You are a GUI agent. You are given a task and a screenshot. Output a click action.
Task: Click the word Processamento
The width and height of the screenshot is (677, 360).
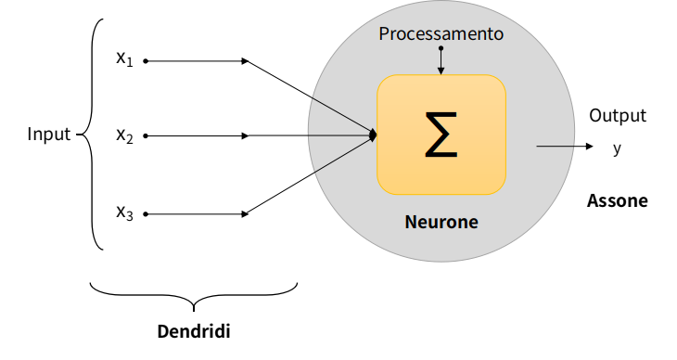pyautogui.click(x=441, y=34)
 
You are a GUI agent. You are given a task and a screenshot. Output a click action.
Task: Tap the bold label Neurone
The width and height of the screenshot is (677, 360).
pyautogui.click(x=441, y=223)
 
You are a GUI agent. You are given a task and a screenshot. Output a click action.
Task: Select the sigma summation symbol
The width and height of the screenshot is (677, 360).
pyautogui.click(x=441, y=135)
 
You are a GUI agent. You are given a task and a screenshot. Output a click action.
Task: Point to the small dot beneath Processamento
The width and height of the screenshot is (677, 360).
pyautogui.click(x=441, y=47)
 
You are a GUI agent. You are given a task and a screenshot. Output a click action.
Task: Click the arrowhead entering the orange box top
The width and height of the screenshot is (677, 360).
pyautogui.click(x=441, y=71)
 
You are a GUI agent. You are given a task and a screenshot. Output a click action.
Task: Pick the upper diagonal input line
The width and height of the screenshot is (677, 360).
pyautogui.click(x=341, y=116)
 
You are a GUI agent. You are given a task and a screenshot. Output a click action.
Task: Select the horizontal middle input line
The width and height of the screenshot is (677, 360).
pyautogui.click(x=338, y=135)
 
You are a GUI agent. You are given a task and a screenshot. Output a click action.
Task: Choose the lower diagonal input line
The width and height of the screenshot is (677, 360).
pyautogui.click(x=341, y=155)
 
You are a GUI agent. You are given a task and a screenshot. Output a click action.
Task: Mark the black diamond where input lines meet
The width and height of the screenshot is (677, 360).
pyautogui.click(x=373, y=135)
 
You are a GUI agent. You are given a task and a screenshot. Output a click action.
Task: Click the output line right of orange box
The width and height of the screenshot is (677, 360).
pyautogui.click(x=555, y=146)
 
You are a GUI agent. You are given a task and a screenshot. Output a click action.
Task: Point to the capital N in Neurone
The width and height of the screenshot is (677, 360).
pyautogui.click(x=411, y=223)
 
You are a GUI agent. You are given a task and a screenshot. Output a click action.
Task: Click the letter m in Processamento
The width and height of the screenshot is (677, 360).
pyautogui.click(x=465, y=34)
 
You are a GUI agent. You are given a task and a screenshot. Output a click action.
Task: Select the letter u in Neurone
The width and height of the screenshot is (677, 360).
pyautogui.click(x=431, y=224)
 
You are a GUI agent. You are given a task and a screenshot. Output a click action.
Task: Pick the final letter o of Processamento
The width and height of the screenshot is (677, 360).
pyautogui.click(x=498, y=34)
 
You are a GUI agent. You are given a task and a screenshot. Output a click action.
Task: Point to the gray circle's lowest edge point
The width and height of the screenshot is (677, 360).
pyautogui.click(x=441, y=261)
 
